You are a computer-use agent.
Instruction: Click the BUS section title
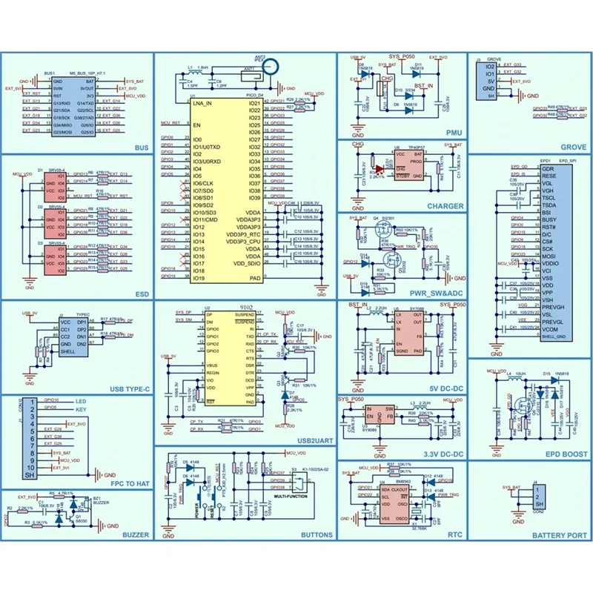click(x=142, y=147)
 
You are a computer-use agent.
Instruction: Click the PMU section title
click(x=455, y=133)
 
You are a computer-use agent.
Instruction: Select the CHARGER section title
click(x=445, y=206)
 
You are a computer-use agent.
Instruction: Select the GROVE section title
click(x=573, y=148)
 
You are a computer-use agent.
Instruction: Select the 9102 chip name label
click(x=247, y=308)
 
